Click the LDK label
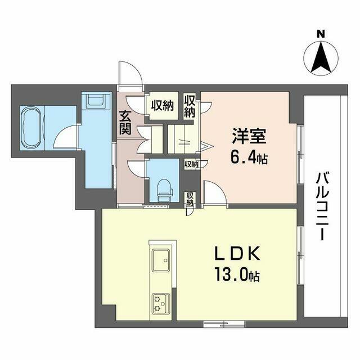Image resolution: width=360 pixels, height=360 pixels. click(x=237, y=254)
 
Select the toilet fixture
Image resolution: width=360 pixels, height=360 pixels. click(x=164, y=189)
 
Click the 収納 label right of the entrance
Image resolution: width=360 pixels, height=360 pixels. click(x=161, y=105)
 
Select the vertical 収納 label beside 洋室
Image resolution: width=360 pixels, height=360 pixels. click(x=191, y=106)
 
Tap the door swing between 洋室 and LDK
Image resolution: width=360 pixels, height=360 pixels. click(x=214, y=193)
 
